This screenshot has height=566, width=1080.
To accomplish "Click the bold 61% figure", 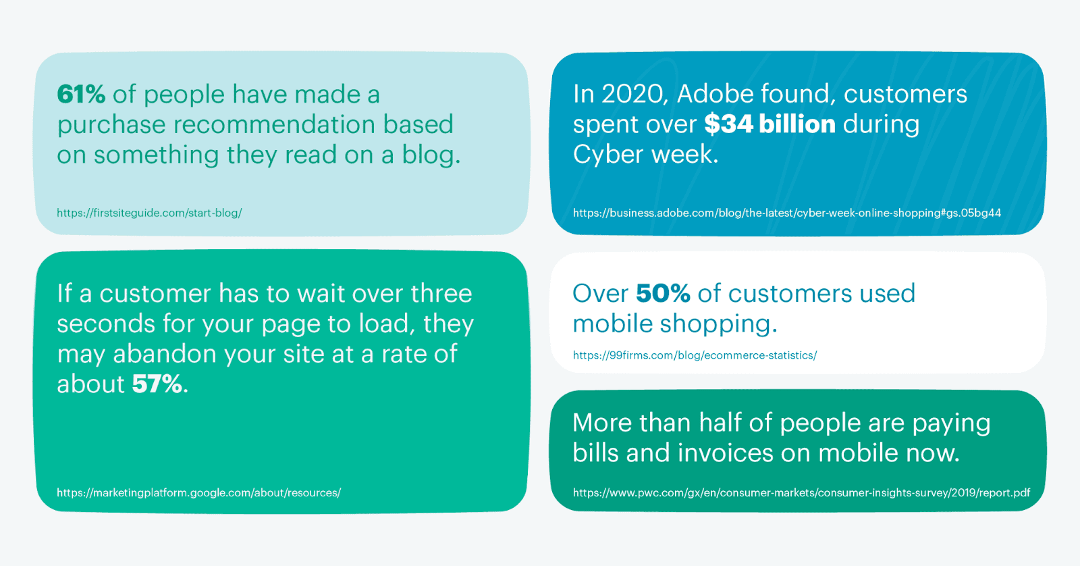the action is click(81, 94).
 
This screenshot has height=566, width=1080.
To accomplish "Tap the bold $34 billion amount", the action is click(769, 124).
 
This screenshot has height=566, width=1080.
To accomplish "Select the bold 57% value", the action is click(157, 384).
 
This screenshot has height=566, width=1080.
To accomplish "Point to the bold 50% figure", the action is click(663, 293).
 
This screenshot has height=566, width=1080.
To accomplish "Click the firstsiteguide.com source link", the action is click(149, 213).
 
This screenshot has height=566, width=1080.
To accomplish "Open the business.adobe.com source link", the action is click(787, 213).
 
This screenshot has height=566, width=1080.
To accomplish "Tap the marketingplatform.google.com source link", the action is click(199, 492).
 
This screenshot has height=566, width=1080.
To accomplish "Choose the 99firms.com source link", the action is click(695, 355).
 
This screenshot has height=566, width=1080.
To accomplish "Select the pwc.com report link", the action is click(801, 492).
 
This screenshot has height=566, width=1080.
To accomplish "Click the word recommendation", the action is click(274, 124).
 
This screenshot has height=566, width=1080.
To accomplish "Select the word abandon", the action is click(165, 354).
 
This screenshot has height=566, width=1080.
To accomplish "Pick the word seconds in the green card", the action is click(106, 324).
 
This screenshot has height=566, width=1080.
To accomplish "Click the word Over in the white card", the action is click(601, 294).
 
